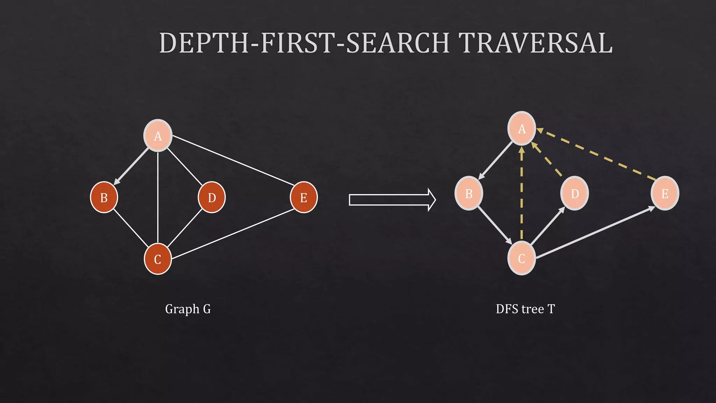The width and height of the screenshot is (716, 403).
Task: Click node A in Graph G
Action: click(158, 136)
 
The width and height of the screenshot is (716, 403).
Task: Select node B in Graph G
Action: click(104, 197)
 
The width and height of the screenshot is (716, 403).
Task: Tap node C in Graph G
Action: click(158, 259)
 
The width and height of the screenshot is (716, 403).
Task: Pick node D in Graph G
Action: click(212, 197)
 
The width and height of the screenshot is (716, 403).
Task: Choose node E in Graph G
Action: click(303, 197)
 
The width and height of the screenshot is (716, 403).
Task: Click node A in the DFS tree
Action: click(522, 128)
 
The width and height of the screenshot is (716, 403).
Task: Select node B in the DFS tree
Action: click(468, 193)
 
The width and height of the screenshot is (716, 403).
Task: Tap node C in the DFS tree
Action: click(521, 259)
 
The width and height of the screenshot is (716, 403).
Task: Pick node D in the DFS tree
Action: click(574, 193)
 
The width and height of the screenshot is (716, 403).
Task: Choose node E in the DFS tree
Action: click(665, 193)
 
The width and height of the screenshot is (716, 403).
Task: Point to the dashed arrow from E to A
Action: click(596, 154)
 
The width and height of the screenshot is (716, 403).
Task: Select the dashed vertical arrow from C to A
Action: click(521, 196)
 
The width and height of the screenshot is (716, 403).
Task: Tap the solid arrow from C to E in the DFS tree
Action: click(594, 233)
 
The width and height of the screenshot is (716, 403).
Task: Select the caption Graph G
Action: click(188, 309)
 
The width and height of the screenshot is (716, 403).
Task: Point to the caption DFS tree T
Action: click(525, 309)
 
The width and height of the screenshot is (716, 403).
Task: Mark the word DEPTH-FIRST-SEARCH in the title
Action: click(304, 43)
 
